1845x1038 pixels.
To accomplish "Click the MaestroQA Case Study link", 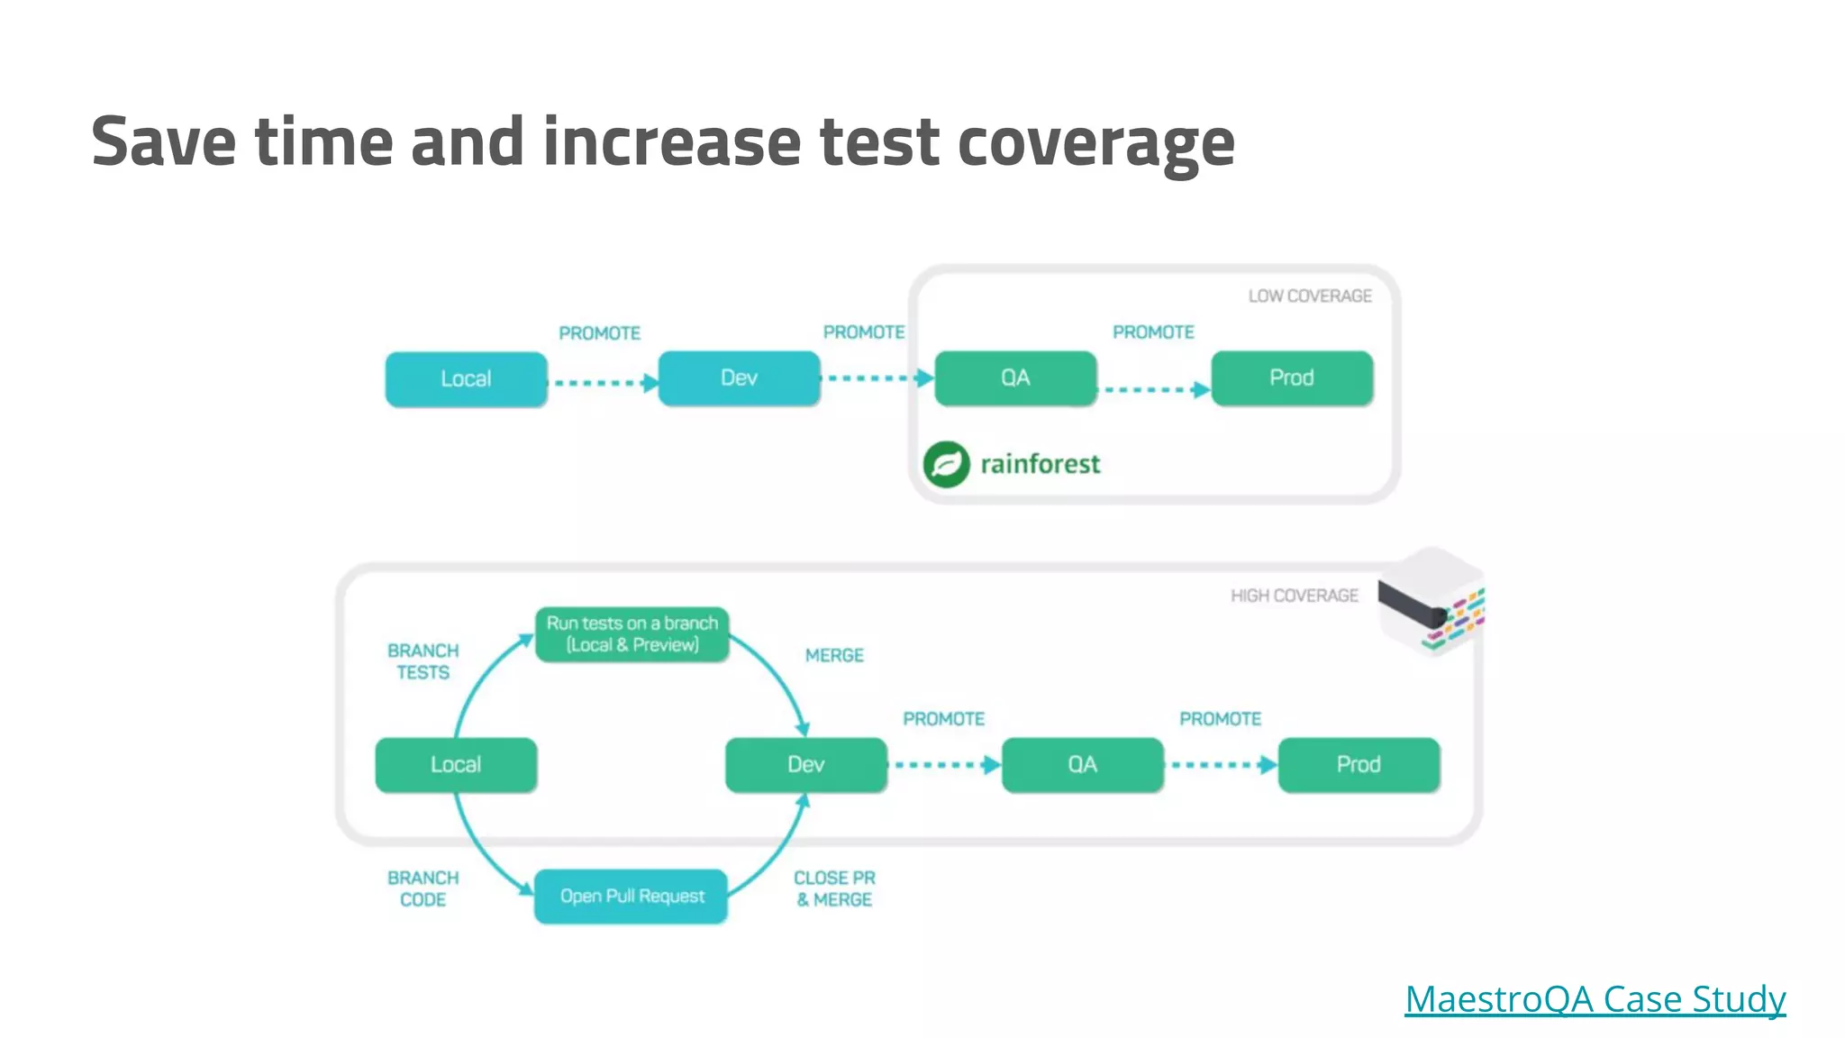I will point(1595,999).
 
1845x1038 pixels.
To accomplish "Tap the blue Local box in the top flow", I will point(466,379).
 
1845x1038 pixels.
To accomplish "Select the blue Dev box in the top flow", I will point(739,378).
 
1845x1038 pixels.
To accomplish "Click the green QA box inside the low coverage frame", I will point(1015,378).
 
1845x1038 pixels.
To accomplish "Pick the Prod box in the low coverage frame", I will point(1291,378).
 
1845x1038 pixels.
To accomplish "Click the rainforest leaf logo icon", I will point(946,464).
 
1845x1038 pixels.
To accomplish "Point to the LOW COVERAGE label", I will point(1309,296).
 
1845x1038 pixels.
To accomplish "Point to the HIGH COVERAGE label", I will point(1294,596).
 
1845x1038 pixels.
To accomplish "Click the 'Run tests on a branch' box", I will point(632,634).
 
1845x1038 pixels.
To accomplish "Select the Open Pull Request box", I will point(631,897).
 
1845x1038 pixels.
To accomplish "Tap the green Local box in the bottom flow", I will point(456,765).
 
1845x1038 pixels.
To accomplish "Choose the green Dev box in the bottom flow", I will point(805,765).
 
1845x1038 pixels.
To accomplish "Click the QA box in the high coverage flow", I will point(1082,765).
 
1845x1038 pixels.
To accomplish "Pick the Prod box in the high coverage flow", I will point(1359,765).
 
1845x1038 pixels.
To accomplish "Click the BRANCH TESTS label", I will point(423,661).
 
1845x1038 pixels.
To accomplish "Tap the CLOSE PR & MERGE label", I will point(834,888).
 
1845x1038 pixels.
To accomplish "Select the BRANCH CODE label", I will point(423,888).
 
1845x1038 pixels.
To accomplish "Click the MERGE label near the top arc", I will point(834,656).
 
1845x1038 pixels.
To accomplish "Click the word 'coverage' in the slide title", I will point(1095,143).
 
